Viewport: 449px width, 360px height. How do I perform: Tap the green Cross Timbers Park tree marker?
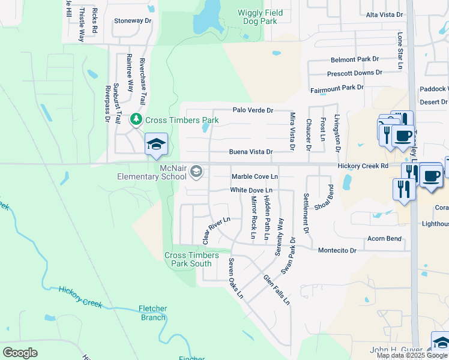click(137, 120)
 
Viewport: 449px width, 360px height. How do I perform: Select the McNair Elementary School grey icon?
click(196, 173)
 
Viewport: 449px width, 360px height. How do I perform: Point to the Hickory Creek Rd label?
click(363, 165)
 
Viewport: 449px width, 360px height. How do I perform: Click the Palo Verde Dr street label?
click(253, 110)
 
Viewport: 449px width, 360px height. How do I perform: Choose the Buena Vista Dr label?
click(250, 152)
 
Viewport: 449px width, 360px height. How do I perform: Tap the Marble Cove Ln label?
click(255, 177)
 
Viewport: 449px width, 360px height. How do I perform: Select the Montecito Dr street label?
click(337, 250)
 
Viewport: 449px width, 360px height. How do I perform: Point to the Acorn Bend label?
click(385, 239)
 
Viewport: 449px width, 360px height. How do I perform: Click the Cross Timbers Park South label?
click(188, 259)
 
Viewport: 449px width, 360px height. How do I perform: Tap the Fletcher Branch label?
click(153, 313)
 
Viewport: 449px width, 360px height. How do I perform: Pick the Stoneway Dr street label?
click(133, 20)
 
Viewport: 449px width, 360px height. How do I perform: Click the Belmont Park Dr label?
click(355, 60)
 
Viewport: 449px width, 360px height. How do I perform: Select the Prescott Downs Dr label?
click(354, 73)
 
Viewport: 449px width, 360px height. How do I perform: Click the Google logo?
click(20, 353)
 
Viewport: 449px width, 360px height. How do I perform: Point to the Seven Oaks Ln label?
click(235, 278)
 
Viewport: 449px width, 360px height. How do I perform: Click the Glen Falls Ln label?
click(277, 290)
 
